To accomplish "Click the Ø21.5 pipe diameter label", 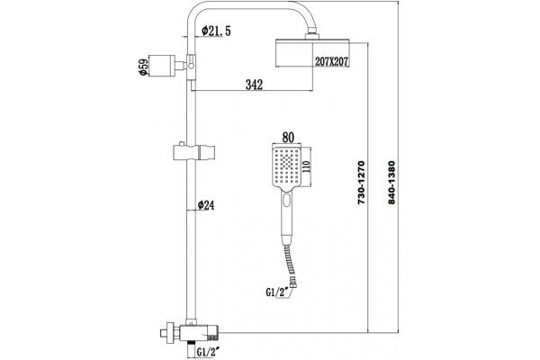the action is pos(216,31).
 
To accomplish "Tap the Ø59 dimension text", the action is pos(143,67).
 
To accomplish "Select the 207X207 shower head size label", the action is pos(331,62).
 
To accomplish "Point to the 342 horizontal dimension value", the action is pos(254,85).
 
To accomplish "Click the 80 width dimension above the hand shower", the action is pos(288,138).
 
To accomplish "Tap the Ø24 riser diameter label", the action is pos(206,205).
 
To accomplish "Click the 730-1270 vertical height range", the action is pos(361,183).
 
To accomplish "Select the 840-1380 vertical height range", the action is pos(391,183).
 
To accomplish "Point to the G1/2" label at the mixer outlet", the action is pos(209,352).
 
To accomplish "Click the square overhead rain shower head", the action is pos(312,53).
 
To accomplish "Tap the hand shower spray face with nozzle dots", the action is pos(286,166).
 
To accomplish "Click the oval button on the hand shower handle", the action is pos(286,200).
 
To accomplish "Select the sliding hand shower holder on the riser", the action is pos(193,152).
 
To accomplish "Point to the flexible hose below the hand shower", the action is pos(289,264).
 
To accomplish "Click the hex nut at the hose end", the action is pos(293,285).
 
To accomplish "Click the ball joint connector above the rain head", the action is pos(312,35).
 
